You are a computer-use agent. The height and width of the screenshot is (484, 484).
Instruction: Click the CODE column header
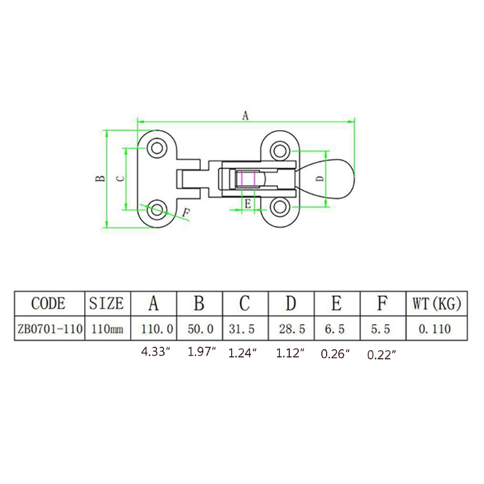pos(48,304)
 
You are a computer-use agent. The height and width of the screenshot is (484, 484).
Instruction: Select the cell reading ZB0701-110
pos(50,329)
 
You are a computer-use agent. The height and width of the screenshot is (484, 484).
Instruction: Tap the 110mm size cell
pos(107,329)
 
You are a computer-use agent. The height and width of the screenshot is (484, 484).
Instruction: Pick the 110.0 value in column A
pos(157,329)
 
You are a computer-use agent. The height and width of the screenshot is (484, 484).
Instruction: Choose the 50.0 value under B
pos(200,329)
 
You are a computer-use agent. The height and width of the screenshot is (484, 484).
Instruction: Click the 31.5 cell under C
pos(241,329)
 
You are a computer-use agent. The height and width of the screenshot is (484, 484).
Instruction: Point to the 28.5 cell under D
pos(292,329)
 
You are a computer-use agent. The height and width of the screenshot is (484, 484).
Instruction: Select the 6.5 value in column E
pos(335,329)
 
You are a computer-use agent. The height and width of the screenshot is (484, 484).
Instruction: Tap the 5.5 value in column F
pos(381,329)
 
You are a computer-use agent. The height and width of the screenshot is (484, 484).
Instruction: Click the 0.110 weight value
pos(434,329)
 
